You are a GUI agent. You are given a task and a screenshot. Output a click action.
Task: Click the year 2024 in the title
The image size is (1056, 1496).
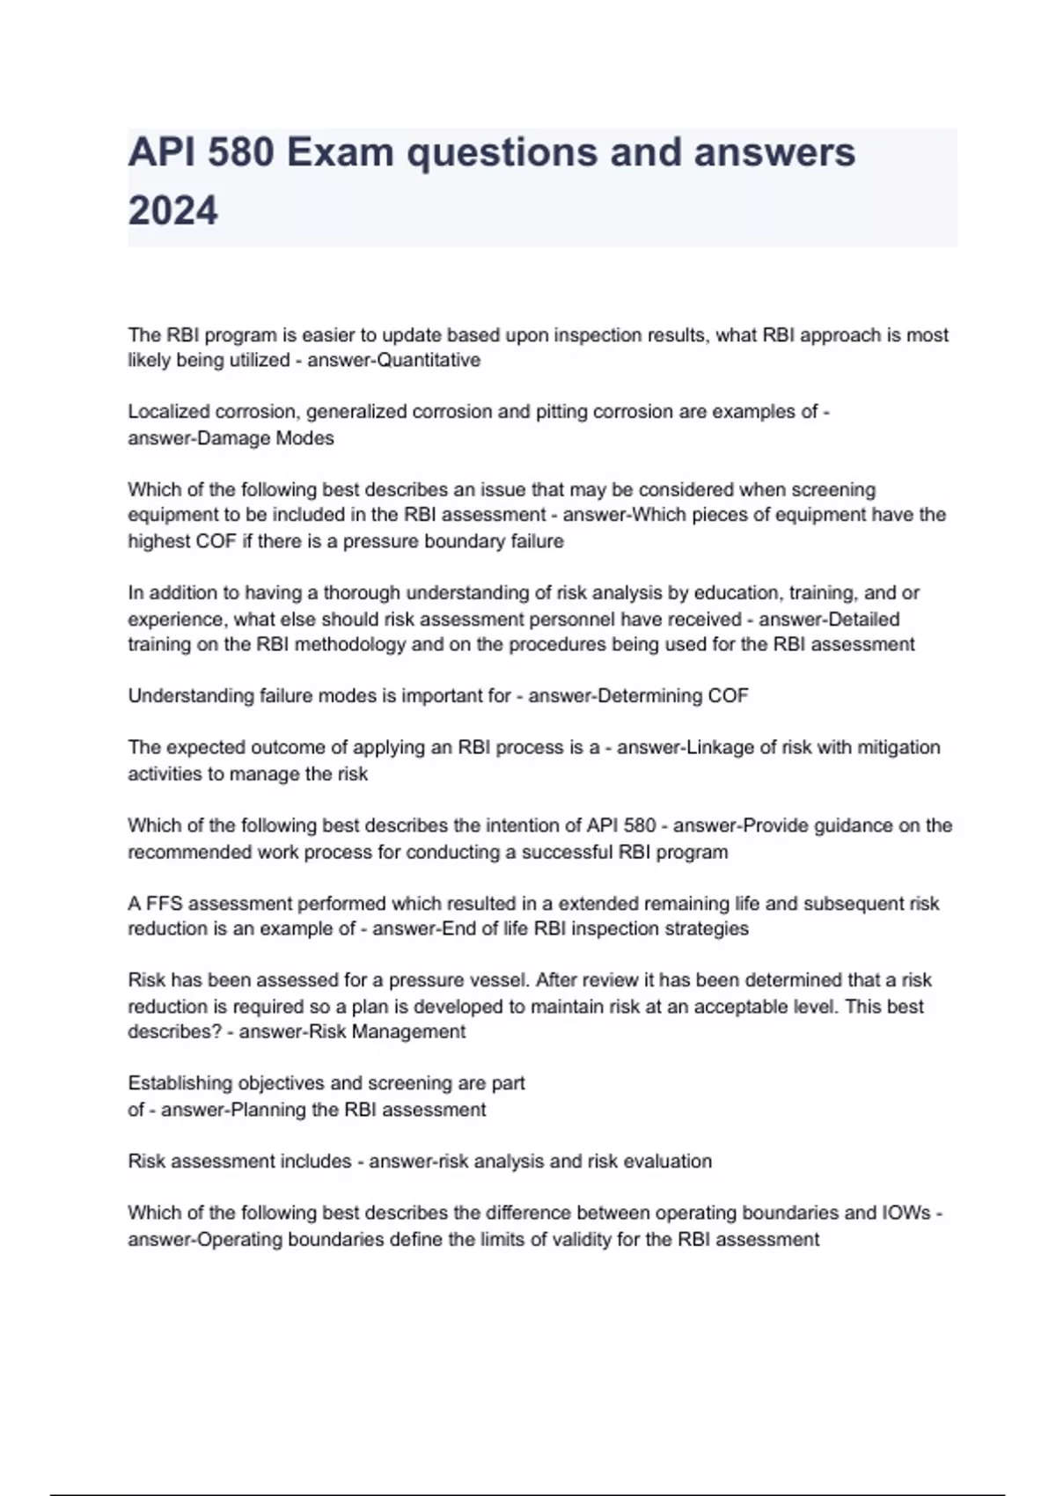[x=172, y=211]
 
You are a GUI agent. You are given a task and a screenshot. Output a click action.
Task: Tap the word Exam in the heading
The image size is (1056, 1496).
[x=339, y=152]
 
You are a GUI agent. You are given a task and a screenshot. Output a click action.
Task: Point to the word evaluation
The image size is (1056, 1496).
[x=668, y=1162]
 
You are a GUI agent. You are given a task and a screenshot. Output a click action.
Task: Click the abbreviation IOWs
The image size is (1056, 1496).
[x=906, y=1214]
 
